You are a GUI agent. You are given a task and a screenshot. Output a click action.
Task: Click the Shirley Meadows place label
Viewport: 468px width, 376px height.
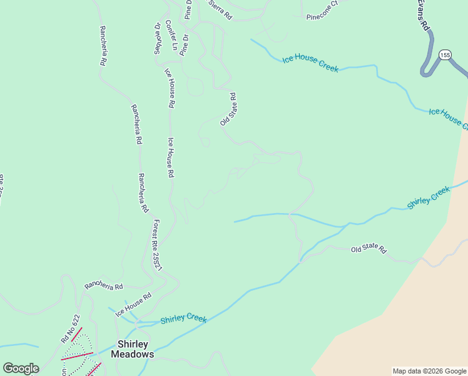(x=132, y=349)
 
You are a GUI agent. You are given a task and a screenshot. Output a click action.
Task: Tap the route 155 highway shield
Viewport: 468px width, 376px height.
(x=444, y=55)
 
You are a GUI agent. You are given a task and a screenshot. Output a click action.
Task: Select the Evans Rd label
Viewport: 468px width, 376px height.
(x=424, y=16)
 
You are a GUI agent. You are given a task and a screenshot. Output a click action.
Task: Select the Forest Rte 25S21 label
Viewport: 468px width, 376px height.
(x=158, y=245)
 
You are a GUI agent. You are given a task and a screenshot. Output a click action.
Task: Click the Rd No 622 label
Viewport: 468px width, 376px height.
(x=71, y=328)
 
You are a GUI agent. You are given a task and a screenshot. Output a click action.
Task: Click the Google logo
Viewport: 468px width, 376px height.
(x=21, y=368)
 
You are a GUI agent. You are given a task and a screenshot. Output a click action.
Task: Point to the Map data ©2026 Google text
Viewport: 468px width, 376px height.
(x=429, y=371)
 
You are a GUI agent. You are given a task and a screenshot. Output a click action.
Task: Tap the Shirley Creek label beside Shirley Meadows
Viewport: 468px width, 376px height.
(x=183, y=319)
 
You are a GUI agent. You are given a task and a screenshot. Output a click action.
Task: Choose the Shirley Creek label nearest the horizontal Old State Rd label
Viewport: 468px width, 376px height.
(x=429, y=197)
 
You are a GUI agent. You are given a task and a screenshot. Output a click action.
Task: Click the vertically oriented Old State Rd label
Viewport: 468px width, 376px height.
(x=228, y=109)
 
